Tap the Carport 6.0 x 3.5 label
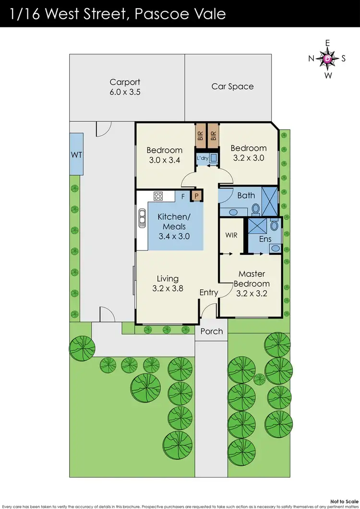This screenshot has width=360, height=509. pyautogui.click(x=125, y=87)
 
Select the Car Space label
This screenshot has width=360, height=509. pyautogui.click(x=232, y=86)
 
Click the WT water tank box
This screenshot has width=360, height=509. pyautogui.click(x=76, y=154)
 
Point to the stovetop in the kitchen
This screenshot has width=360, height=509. pyautogui.click(x=158, y=196)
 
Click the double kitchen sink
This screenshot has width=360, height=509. pyautogui.click(x=142, y=220)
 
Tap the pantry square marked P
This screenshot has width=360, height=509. pyautogui.click(x=196, y=196)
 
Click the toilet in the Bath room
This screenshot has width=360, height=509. pyautogui.click(x=256, y=208)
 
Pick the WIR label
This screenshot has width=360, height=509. pyautogui.click(x=231, y=236)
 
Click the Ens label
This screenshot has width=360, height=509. pyautogui.click(x=265, y=239)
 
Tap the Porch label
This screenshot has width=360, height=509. pyautogui.click(x=211, y=331)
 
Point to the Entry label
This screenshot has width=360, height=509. pyautogui.click(x=208, y=292)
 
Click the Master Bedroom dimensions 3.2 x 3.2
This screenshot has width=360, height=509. pyautogui.click(x=252, y=293)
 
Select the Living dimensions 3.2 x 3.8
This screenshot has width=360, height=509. pyautogui.click(x=168, y=289)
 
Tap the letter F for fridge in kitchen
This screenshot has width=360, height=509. pyautogui.click(x=182, y=196)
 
